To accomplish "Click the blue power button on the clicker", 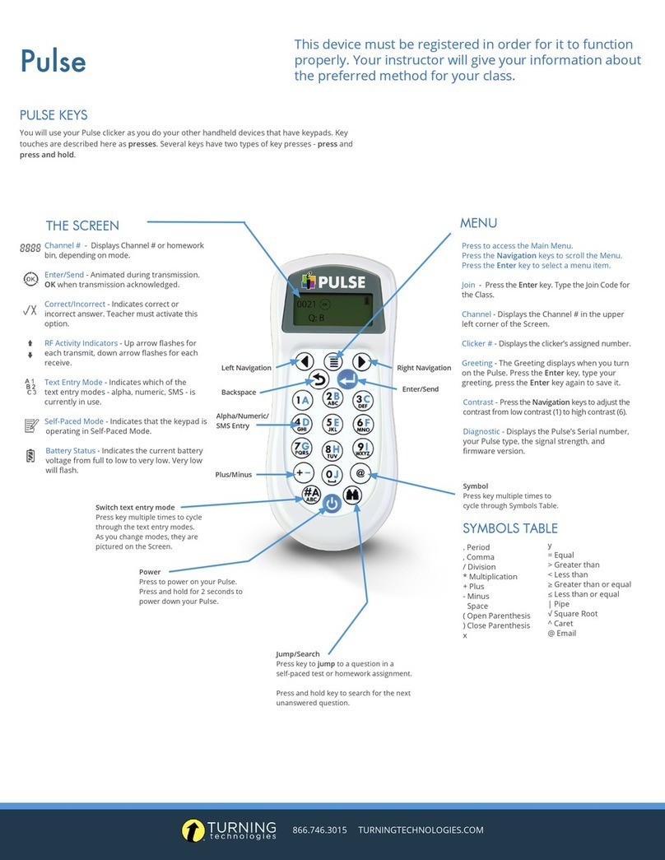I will pyautogui.click(x=331, y=504).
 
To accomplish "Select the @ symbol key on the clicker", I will pyautogui.click(x=360, y=473).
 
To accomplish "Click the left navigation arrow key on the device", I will pyautogui.click(x=305, y=361).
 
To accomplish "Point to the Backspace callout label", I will pyautogui.click(x=238, y=393).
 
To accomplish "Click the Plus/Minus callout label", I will pyautogui.click(x=234, y=475).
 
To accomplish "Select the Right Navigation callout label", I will pyautogui.click(x=423, y=368).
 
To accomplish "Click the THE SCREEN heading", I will pyautogui.click(x=82, y=225).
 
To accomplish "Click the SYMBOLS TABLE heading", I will pyautogui.click(x=509, y=528).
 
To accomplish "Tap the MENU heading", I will pyautogui.click(x=478, y=223).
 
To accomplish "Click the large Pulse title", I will pyautogui.click(x=53, y=61).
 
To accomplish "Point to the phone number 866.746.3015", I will pyautogui.click(x=320, y=830).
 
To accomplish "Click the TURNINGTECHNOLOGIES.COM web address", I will pyautogui.click(x=421, y=830).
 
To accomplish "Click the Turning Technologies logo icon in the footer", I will pyautogui.click(x=193, y=830).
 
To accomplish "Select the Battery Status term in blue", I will pyautogui.click(x=70, y=451).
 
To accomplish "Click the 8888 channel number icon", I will pyautogui.click(x=30, y=247).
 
